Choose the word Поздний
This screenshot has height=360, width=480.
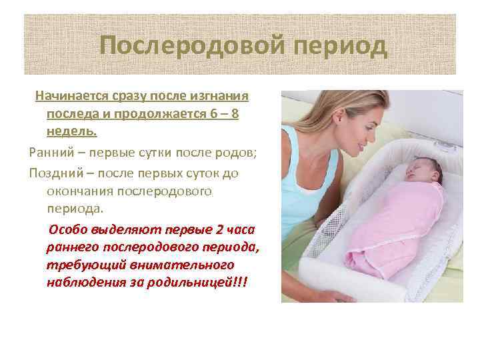53,173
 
